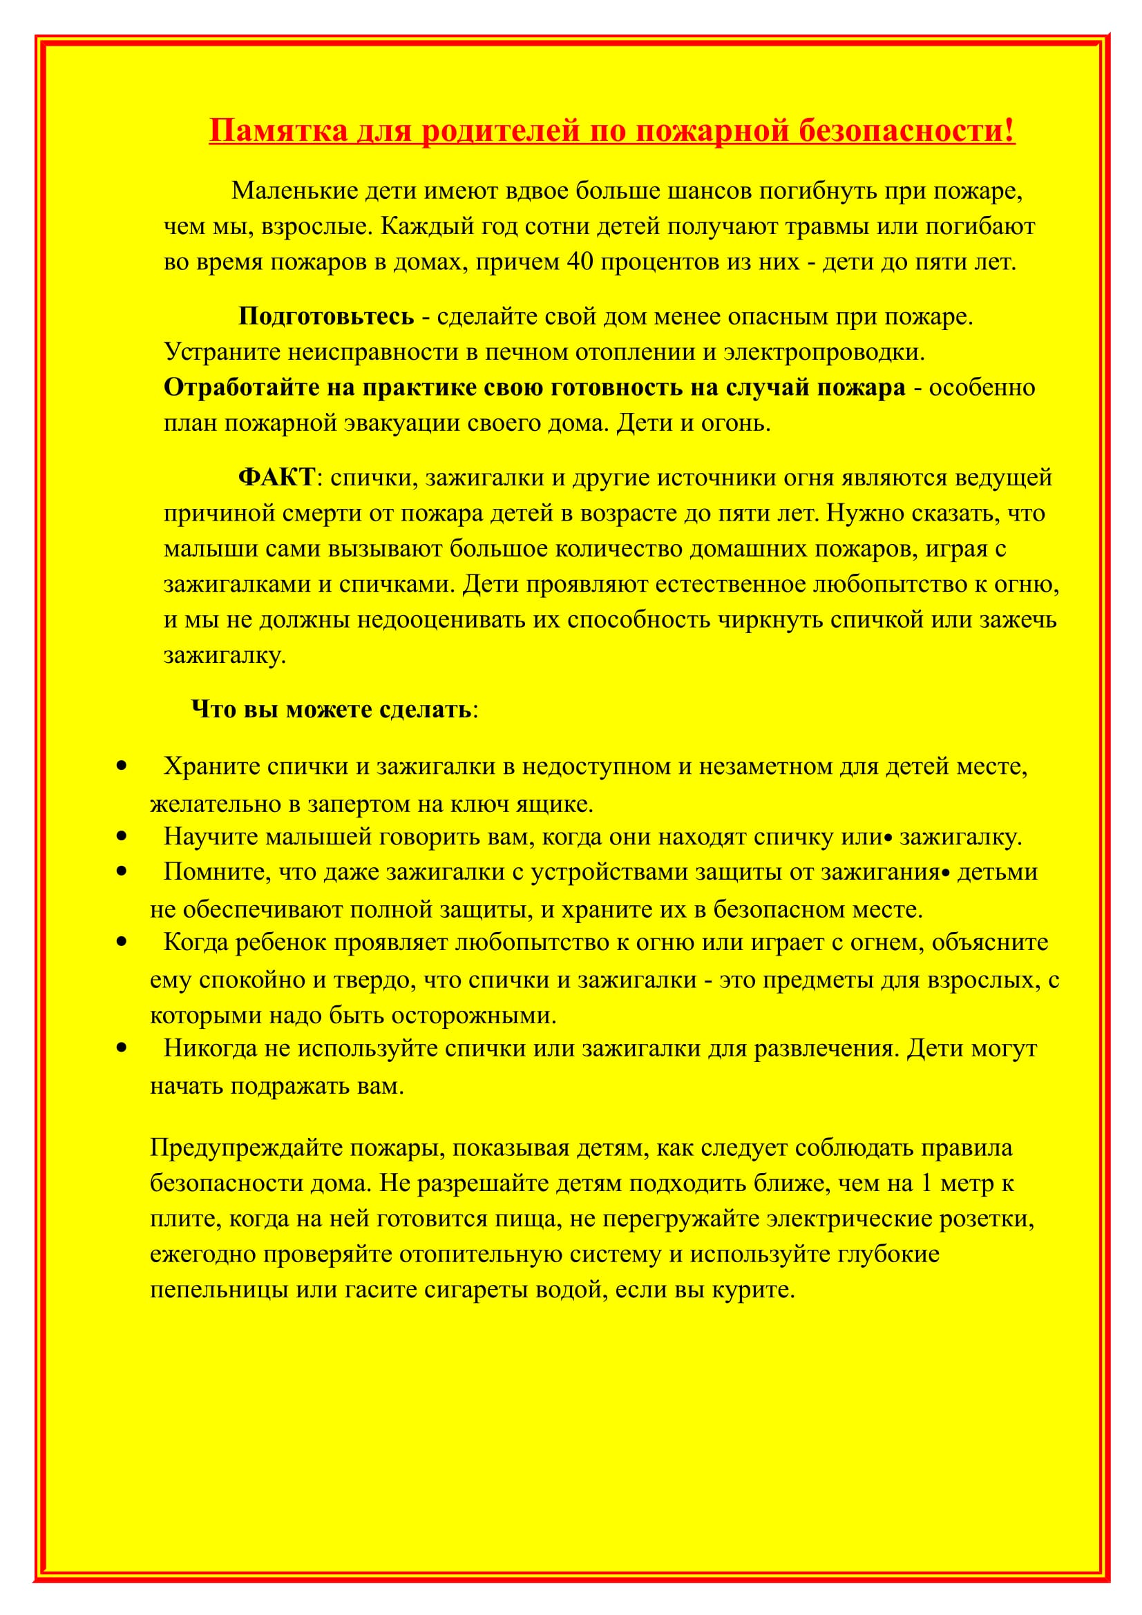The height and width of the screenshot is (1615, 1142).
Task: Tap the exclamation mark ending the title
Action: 1010,130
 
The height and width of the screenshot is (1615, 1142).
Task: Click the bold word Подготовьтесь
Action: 326,316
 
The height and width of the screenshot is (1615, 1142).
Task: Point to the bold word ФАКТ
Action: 276,477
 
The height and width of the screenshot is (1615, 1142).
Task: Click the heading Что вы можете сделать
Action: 331,709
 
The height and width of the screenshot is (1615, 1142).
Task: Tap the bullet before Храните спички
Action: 122,765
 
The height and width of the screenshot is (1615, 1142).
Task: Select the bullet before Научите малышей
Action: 122,836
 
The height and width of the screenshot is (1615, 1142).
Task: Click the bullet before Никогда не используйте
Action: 122,1047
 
